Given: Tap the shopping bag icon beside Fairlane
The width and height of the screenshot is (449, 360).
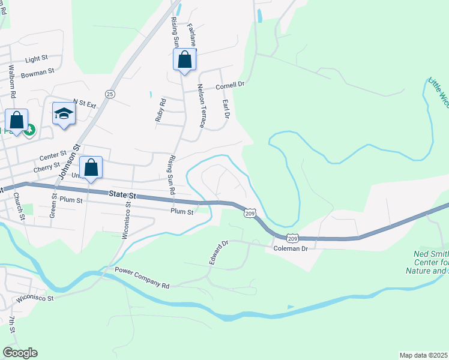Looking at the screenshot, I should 185,59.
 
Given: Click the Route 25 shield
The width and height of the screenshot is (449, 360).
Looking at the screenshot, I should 110,94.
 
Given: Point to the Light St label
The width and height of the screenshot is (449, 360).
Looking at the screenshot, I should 37,59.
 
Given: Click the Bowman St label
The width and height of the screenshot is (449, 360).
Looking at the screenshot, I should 38,72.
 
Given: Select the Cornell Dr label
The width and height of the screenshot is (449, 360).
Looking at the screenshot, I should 231,85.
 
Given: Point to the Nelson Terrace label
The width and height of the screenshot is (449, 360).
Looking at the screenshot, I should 202,106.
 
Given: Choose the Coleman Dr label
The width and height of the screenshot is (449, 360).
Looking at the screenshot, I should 290,248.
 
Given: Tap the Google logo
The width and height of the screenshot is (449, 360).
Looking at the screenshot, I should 20,353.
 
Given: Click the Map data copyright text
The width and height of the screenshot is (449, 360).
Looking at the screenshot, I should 424,355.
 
